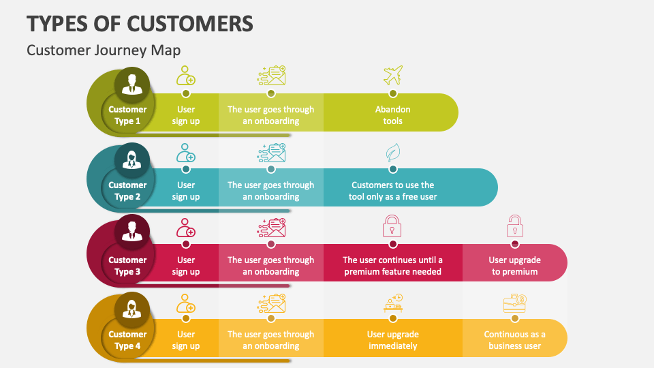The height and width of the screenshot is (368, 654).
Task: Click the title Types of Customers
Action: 140,22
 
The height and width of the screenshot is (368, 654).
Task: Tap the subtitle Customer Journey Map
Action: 104,50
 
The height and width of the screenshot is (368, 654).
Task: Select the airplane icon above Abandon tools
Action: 393,74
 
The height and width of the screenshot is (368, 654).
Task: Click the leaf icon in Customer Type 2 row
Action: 393,151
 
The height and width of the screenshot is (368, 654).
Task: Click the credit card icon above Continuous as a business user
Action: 515,303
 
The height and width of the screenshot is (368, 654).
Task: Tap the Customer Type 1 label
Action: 127,115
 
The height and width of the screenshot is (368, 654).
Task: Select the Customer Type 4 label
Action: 127,340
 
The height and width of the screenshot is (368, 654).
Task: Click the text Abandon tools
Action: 393,115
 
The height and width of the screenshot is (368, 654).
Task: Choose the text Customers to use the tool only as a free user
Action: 393,191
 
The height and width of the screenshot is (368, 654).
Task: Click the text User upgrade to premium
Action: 515,266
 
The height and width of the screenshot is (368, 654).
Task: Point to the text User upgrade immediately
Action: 393,340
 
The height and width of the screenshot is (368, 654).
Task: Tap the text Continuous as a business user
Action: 515,340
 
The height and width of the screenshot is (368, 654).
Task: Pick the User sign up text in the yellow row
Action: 186,340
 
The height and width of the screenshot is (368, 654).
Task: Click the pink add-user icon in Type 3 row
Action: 186,227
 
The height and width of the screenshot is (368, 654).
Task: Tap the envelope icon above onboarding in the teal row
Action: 272,151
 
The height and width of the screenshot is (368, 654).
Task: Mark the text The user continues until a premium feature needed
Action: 393,266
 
